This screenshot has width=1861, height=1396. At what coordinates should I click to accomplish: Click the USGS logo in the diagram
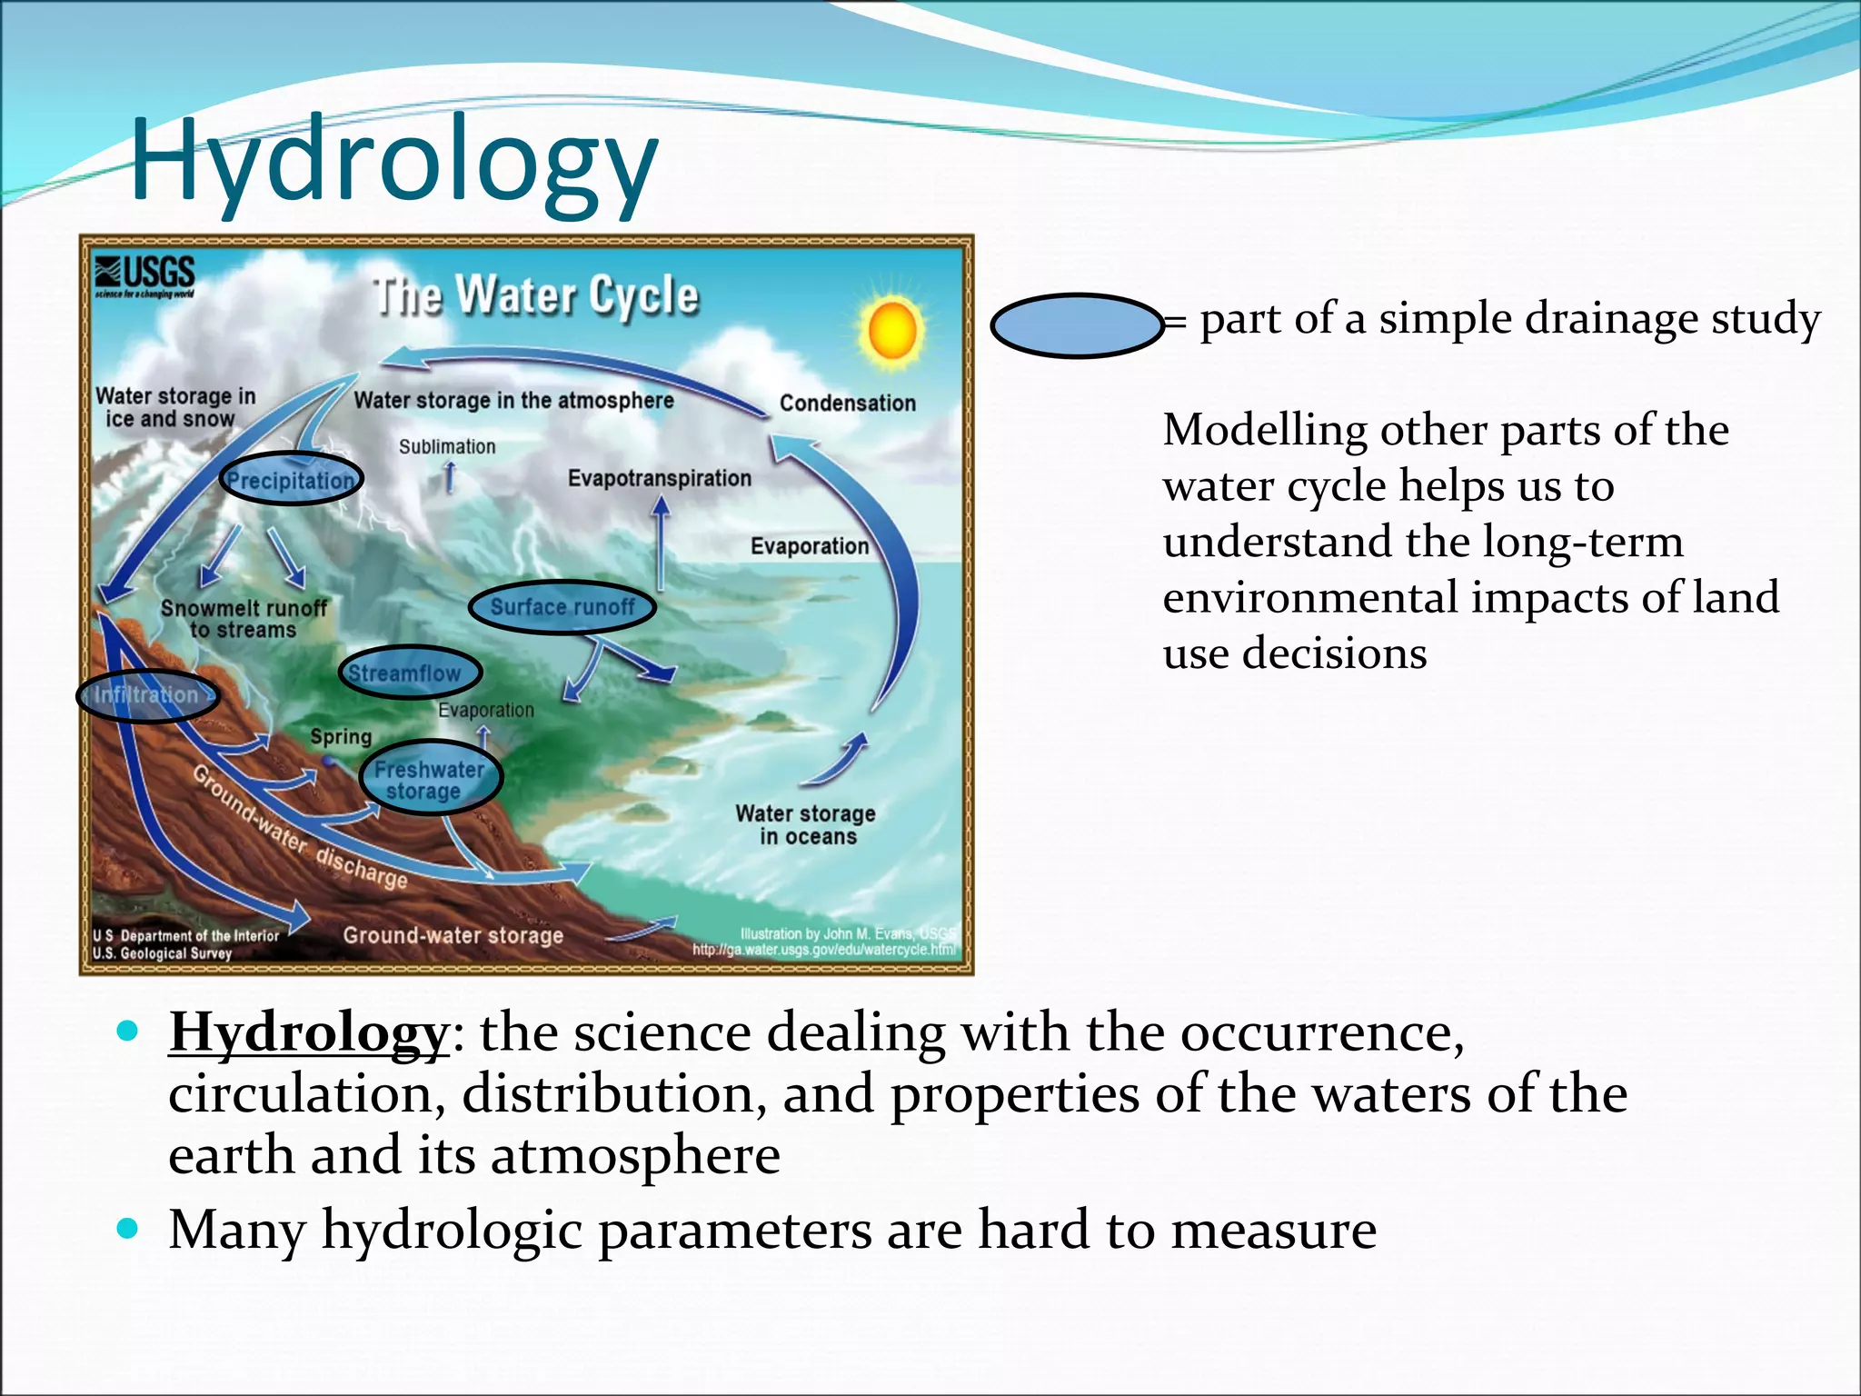pos(145,275)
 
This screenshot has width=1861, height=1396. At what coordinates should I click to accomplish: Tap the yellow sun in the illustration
pos(892,332)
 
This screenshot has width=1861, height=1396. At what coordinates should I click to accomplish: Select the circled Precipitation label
pos(291,479)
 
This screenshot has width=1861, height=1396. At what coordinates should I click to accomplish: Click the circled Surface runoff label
pos(562,607)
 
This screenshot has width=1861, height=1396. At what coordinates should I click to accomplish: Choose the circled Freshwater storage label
pos(429,780)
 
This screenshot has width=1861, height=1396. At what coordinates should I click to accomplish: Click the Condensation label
pos(847,403)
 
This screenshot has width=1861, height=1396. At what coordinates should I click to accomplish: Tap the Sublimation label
pos(447,446)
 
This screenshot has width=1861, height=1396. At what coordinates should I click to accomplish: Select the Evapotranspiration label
pos(660,478)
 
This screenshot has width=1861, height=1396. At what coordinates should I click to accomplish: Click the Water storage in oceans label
pos(806,824)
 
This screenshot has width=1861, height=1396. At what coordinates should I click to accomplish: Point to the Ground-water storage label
pos(453,935)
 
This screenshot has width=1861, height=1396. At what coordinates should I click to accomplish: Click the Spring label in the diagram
pos(341,736)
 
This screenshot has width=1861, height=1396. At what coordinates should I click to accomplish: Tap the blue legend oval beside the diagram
pos(1077,325)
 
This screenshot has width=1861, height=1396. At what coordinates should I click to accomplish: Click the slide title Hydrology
pos(393,160)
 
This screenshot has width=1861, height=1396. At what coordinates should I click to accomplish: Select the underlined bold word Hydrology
pos(309,1033)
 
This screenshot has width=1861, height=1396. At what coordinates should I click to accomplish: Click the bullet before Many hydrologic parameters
pos(128,1230)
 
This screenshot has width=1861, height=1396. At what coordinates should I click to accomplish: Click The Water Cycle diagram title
pos(536,296)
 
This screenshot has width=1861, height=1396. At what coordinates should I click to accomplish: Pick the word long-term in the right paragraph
pos(1583,543)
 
